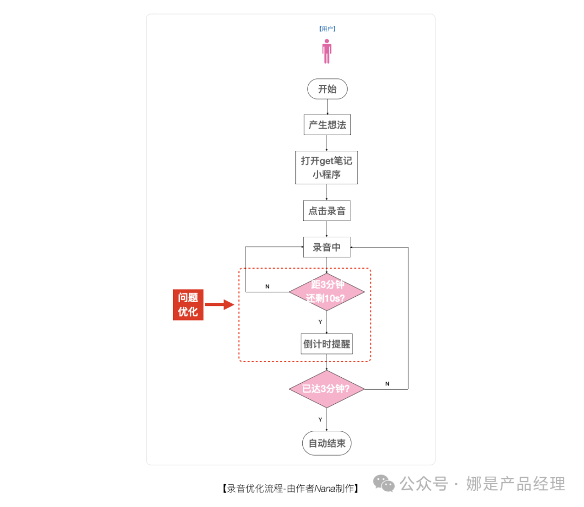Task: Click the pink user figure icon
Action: pos(327,51)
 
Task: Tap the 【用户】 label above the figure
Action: pos(327,29)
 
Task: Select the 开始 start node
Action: pos(327,89)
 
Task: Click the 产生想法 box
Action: pos(327,125)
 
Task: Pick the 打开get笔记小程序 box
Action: pos(327,168)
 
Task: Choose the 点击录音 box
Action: pos(327,211)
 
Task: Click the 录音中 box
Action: pos(327,247)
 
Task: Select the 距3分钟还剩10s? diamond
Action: pos(327,292)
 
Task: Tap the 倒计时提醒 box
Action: pos(327,344)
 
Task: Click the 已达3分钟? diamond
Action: pos(327,389)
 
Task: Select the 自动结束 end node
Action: pos(327,443)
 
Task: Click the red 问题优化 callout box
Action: pos(188,304)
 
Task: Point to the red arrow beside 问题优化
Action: pos(220,304)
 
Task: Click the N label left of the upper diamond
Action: pos(267,286)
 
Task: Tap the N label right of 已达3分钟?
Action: pos(387,383)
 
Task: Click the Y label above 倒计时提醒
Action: pos(320,322)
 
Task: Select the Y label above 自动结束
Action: pos(320,419)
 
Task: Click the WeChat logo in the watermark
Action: pos(383,483)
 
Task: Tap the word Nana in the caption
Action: pos(325,489)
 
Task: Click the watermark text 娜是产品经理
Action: pos(515,484)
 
